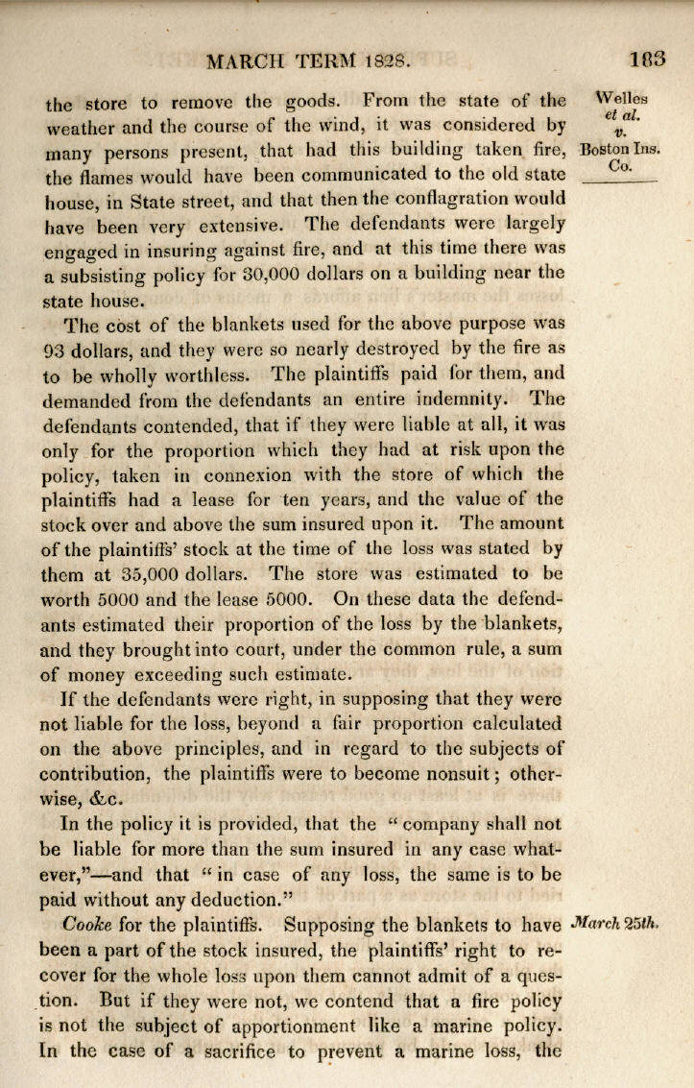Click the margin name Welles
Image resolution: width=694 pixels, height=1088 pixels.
coord(622,98)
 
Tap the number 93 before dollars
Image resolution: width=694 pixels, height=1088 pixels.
coord(53,349)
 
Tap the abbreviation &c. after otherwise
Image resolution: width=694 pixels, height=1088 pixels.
coord(114,799)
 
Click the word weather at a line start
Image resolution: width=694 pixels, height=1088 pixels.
coord(80,125)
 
